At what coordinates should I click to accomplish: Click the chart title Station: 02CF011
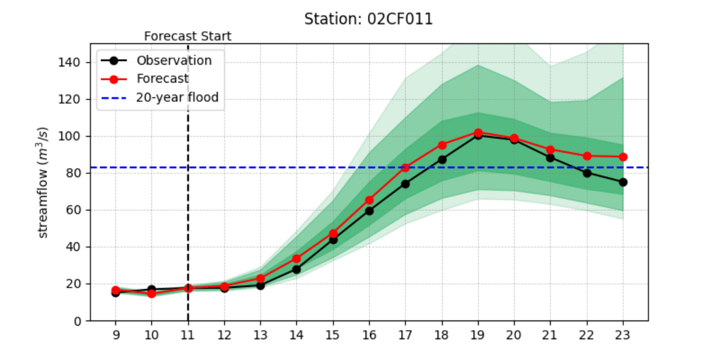point(368,19)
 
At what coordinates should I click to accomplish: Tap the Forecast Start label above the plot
point(188,37)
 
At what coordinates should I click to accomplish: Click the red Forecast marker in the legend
point(114,79)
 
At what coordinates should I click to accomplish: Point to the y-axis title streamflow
point(42,182)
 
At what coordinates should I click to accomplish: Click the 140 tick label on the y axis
point(69,62)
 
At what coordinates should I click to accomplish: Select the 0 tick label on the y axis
point(77,321)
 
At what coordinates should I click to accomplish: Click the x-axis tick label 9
point(116,335)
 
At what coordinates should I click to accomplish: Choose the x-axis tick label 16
point(370,335)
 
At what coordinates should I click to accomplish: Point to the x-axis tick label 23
point(623,335)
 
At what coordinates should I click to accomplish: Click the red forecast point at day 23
point(623,157)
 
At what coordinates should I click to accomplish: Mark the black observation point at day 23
point(623,182)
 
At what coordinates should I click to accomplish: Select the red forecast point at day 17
point(406,168)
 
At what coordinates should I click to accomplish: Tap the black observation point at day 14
point(296,269)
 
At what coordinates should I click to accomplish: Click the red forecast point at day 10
point(152,294)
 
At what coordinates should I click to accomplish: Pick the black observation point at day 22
point(587,173)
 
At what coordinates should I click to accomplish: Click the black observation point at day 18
point(442,160)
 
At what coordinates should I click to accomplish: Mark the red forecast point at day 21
point(550,150)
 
